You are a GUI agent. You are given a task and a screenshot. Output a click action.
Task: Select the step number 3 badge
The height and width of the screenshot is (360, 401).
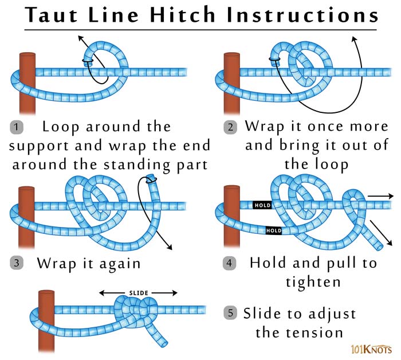click(17, 263)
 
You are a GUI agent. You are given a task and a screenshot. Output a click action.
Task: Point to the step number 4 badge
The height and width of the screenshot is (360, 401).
click(230, 263)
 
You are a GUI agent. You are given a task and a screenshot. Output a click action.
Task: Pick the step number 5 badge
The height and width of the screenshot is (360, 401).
click(230, 313)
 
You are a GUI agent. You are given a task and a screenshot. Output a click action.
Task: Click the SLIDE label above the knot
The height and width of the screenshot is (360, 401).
click(138, 293)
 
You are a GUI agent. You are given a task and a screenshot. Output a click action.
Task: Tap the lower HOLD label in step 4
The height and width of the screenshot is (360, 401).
click(274, 230)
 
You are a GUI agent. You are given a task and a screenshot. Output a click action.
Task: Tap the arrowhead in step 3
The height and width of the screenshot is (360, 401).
click(170, 248)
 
